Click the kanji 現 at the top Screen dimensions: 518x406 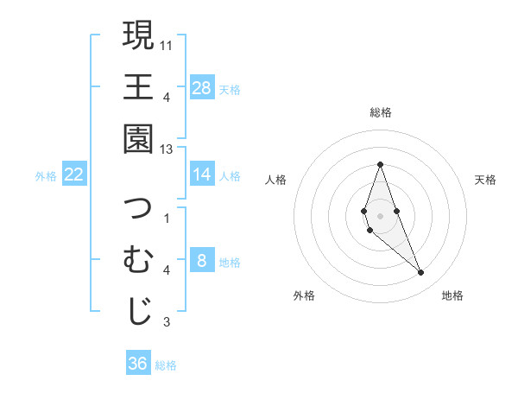[138, 35]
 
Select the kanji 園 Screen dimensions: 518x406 [138, 138]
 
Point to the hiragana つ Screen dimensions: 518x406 [138, 207]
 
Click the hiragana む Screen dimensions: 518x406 [138, 259]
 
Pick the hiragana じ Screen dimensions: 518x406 [138, 312]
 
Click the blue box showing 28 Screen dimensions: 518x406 [201, 87]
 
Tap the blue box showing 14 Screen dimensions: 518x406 [201, 174]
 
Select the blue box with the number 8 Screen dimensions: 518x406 [201, 261]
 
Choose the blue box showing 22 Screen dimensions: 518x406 [74, 174]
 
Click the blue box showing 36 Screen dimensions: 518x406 [138, 364]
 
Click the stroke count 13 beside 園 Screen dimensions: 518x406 [167, 149]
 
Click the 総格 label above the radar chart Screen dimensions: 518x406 [380, 112]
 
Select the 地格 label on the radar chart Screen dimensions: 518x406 [452, 295]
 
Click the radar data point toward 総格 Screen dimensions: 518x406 [380, 165]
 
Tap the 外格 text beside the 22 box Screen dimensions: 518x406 [46, 175]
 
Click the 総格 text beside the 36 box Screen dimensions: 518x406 [166, 365]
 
